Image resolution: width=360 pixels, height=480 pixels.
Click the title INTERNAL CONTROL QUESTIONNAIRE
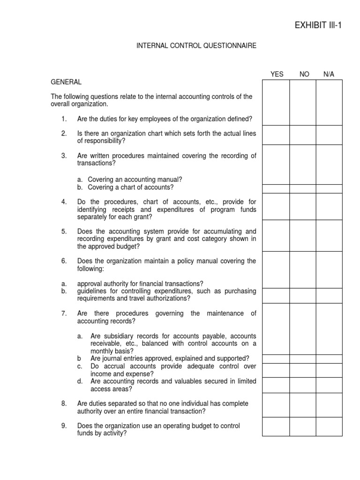coord(196,46)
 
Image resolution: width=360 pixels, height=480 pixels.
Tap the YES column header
coord(277,74)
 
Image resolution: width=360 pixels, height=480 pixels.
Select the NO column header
coord(304,74)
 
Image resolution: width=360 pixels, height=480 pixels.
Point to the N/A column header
coord(329,74)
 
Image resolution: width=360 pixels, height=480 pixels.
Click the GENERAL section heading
coord(66,82)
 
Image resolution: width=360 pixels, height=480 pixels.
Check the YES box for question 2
coord(276,135)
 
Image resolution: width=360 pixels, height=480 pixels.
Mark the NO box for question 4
coord(302,206)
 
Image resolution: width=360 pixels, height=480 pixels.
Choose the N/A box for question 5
coord(329,236)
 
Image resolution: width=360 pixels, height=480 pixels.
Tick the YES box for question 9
coord(276,427)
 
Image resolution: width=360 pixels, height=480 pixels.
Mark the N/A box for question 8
coord(329,405)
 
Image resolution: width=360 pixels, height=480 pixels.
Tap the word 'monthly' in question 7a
coord(103,351)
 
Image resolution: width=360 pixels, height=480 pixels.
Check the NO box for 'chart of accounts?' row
coord(302,188)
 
